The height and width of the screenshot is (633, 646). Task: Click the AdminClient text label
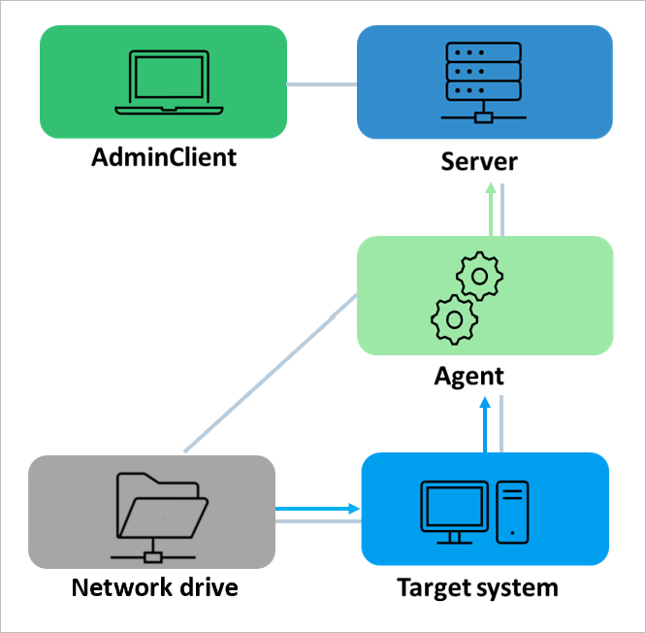pos(163,158)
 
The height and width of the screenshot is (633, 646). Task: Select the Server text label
pos(479,161)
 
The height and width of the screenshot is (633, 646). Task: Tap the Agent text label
pos(469,376)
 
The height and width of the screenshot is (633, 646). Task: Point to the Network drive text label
pos(154,588)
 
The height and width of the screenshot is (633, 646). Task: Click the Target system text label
pos(477,588)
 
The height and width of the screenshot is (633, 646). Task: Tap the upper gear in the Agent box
pos(479,278)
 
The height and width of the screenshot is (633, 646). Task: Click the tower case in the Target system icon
pos(512,511)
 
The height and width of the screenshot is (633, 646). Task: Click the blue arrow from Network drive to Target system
pos(318,508)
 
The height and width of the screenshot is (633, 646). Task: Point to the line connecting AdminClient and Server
pos(322,84)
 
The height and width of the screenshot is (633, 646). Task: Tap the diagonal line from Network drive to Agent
pos(270,374)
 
